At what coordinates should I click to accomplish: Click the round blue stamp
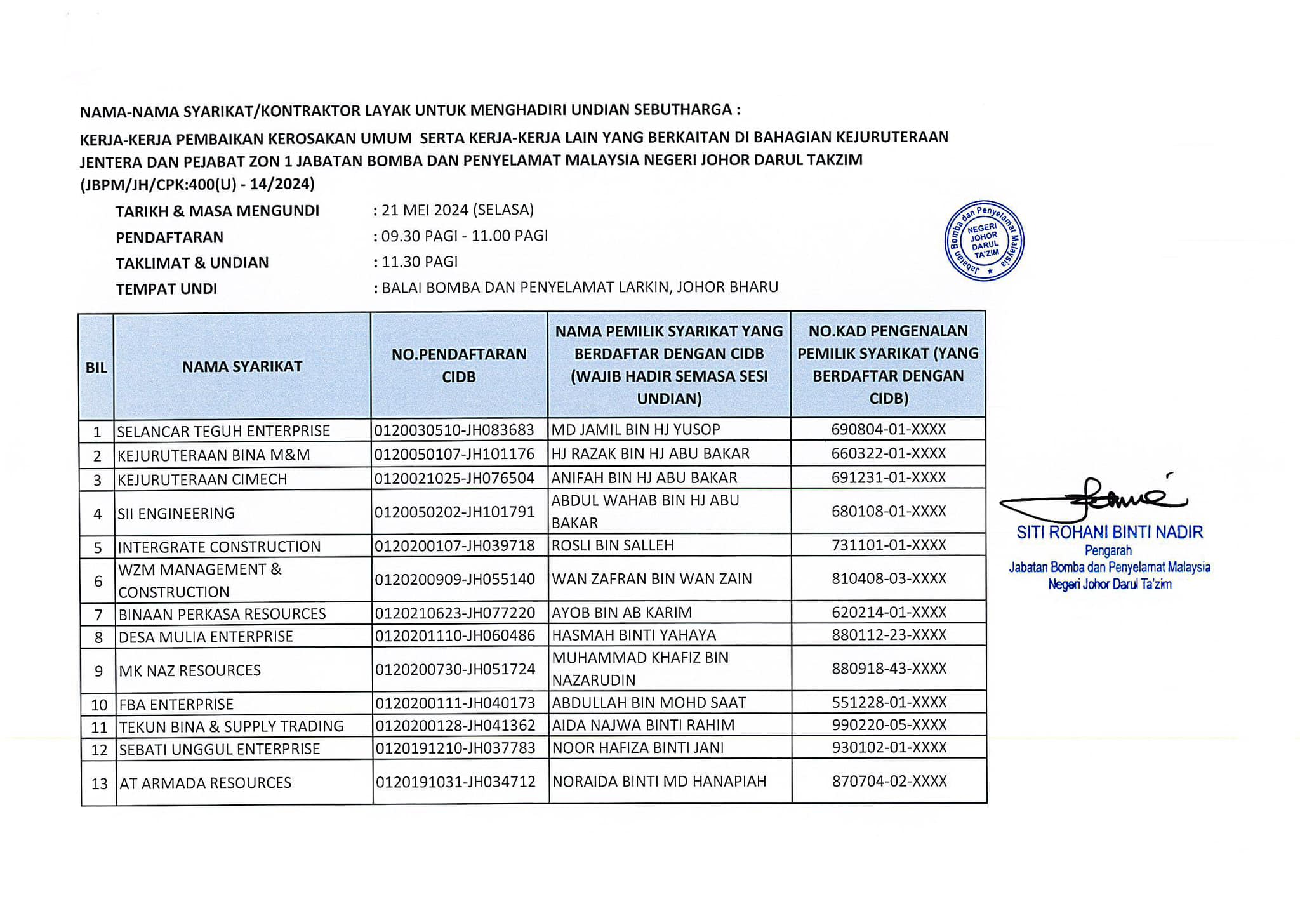point(984,241)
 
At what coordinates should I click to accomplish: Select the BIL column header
point(96,367)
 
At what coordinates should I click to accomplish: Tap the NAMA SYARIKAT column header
point(242,366)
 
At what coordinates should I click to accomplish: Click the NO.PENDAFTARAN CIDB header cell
point(458,365)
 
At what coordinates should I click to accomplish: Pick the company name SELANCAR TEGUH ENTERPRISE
point(223,431)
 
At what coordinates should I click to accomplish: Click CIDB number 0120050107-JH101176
point(454,454)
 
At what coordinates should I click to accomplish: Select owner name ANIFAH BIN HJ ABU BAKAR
point(644,477)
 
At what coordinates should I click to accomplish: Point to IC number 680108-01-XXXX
point(888,511)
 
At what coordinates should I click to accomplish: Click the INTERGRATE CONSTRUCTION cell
point(219,547)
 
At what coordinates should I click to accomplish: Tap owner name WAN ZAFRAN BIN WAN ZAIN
point(652,578)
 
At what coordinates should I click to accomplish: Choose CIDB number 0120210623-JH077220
point(454,613)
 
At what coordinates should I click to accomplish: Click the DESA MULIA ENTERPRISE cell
point(206,637)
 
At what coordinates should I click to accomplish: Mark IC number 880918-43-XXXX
point(889,669)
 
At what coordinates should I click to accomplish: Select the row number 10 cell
point(99,705)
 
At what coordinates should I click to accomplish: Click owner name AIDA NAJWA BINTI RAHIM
point(643,725)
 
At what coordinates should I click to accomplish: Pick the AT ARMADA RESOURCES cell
point(205,783)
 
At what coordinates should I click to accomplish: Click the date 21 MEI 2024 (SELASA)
point(457,210)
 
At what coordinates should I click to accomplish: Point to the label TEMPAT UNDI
point(166,289)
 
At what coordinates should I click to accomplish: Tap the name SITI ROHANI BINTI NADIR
point(1110,532)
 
